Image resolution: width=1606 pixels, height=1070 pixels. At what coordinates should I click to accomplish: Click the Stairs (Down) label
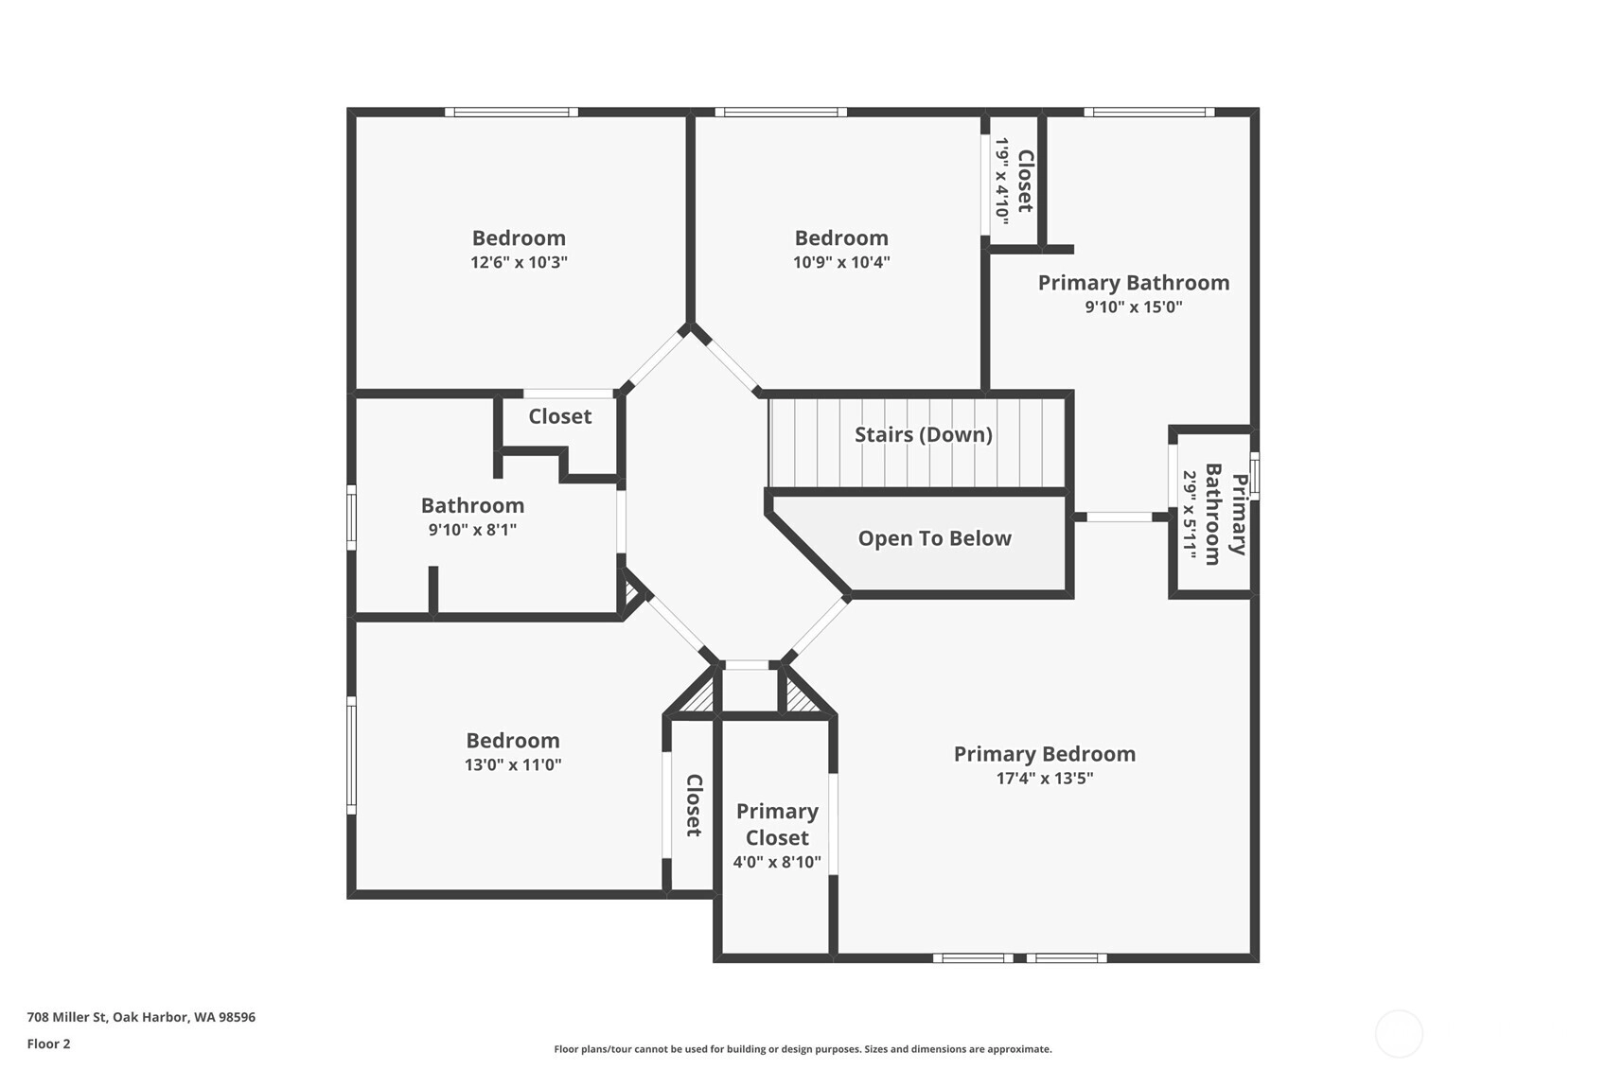[924, 434]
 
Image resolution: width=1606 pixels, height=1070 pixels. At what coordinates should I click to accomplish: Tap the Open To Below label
[934, 538]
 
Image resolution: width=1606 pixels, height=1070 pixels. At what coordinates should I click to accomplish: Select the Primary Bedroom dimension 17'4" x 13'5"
[1045, 779]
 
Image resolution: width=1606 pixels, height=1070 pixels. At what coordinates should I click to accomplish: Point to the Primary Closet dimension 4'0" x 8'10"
[776, 862]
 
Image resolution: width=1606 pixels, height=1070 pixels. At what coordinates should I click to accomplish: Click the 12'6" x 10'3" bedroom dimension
[519, 262]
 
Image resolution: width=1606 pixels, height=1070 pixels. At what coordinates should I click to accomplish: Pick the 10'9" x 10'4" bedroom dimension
[841, 262]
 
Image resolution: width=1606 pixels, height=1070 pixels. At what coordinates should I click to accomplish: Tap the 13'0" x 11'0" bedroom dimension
[513, 764]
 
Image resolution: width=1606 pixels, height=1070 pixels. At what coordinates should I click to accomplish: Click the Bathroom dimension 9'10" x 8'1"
[472, 530]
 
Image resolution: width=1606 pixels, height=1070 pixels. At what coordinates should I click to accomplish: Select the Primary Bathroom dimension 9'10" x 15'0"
[1134, 307]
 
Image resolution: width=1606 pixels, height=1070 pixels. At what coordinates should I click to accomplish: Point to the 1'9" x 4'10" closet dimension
[1001, 182]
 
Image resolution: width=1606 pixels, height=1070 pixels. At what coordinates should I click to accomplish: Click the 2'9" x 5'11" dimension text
[1190, 515]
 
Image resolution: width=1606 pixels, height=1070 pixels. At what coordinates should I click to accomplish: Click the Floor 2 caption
[49, 1044]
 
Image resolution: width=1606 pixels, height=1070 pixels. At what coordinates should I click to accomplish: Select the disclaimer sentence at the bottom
[803, 1049]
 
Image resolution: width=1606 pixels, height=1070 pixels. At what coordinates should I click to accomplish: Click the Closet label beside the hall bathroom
[560, 416]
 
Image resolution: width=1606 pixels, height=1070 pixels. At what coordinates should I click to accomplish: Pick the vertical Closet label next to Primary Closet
[694, 805]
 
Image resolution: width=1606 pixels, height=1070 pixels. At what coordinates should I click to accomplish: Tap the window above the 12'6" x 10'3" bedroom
[511, 112]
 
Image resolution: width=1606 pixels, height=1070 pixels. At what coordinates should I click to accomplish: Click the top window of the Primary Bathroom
[1149, 112]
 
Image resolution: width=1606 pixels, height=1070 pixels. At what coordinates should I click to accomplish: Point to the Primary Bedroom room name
[1045, 754]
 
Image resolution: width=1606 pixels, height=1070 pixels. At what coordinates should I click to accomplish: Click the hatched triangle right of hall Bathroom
[631, 592]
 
